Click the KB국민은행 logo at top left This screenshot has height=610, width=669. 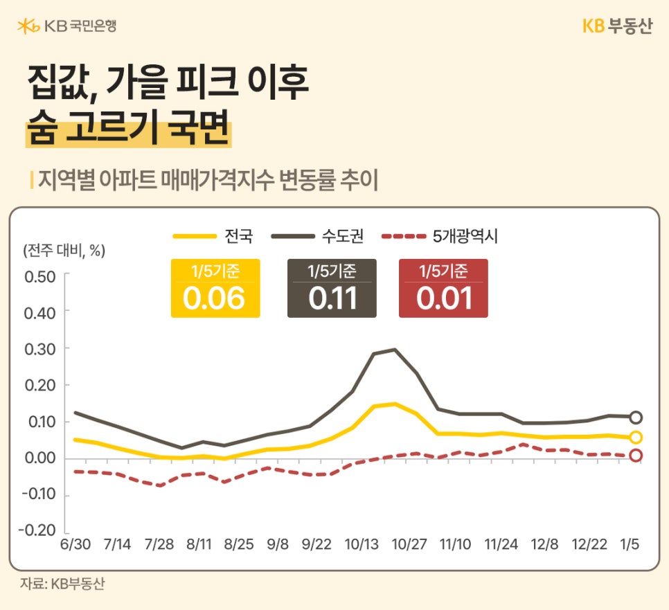[x=66, y=26]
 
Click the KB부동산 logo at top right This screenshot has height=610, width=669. [x=616, y=26]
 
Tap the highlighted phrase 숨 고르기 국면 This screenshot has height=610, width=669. [x=127, y=130]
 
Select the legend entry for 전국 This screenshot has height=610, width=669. [x=214, y=236]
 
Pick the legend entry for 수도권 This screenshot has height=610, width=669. [x=312, y=236]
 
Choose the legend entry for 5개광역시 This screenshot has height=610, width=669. [x=440, y=236]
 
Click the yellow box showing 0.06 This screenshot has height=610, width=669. [x=215, y=289]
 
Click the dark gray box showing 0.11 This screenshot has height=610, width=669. [x=332, y=289]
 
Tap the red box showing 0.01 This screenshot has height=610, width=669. [x=443, y=289]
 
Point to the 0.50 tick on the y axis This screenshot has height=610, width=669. [x=39, y=276]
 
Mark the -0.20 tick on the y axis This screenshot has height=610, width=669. [x=38, y=531]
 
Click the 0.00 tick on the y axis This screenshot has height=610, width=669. [x=39, y=458]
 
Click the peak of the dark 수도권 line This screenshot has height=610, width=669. [x=395, y=349]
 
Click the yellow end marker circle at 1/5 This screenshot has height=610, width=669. [x=636, y=437]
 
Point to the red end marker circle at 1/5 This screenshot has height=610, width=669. [x=636, y=456]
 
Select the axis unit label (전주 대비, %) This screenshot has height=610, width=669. [x=64, y=251]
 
